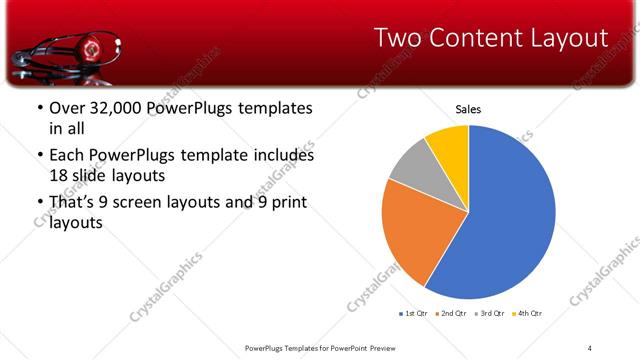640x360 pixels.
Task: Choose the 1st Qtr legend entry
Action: tap(415, 314)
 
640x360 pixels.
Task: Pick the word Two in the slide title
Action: tap(398, 38)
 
